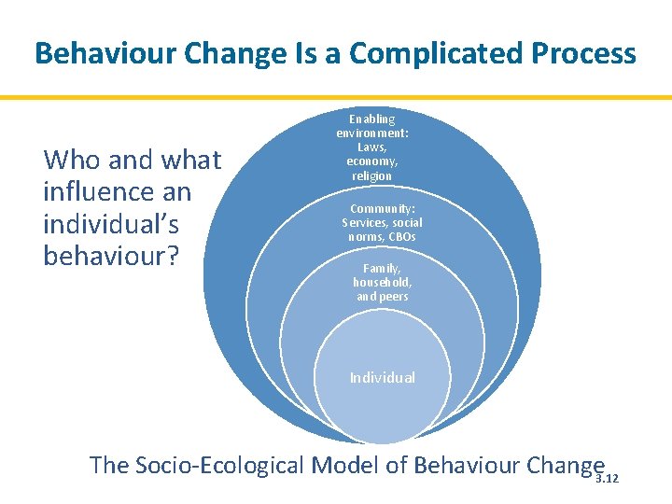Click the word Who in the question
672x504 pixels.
73,161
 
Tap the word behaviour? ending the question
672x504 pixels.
111,256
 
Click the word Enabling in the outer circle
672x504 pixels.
372,119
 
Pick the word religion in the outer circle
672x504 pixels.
372,175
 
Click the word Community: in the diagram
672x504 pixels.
382,209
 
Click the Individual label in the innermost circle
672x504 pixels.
382,378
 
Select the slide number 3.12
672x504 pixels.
607,479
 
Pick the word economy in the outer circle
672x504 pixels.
372,161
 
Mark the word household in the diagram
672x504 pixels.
382,282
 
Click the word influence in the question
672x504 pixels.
117,192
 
